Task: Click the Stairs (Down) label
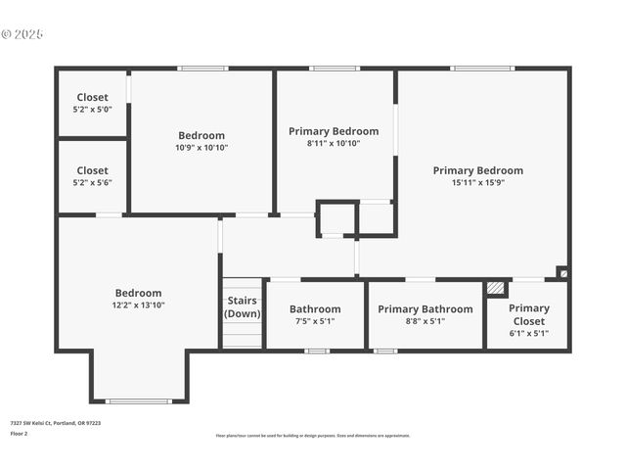(x=243, y=306)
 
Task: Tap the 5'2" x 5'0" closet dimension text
(x=92, y=110)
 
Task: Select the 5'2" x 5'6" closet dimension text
(x=92, y=183)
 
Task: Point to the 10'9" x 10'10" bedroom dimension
(x=201, y=148)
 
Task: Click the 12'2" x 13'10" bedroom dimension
(x=138, y=305)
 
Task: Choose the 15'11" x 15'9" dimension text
(x=477, y=183)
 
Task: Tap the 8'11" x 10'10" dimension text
(x=333, y=143)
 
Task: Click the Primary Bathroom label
(x=425, y=309)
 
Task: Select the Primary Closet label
(x=528, y=314)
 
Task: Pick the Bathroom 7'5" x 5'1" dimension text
(x=315, y=321)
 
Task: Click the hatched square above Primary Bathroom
(x=497, y=289)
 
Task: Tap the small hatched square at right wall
(x=561, y=272)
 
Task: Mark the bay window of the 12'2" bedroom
(x=138, y=400)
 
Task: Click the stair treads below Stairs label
(x=243, y=337)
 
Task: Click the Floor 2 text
(x=19, y=433)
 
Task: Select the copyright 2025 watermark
(x=22, y=34)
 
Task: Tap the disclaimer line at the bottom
(x=312, y=436)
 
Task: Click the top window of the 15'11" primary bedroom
(x=482, y=69)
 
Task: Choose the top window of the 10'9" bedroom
(x=203, y=69)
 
